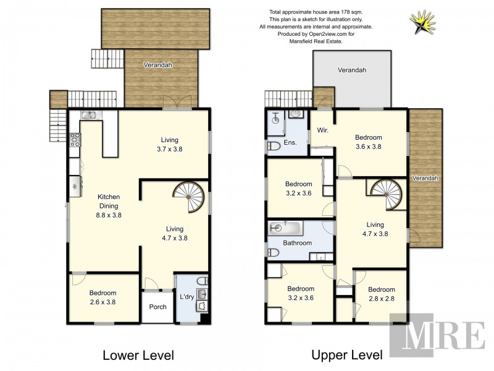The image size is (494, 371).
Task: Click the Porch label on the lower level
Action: click(157, 307)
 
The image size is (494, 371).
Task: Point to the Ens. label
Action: click(290, 143)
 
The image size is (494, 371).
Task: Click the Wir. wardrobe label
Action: click(322, 130)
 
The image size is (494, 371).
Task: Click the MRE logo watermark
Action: click(437, 336)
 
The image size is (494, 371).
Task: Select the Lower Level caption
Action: click(138, 355)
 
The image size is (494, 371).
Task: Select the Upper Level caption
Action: click(347, 355)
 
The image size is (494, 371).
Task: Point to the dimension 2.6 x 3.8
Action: click(103, 302)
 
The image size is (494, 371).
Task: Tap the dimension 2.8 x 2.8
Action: click(381, 299)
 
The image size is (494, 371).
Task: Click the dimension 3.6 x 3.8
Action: click(368, 147)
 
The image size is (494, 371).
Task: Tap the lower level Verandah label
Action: click(157, 65)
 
